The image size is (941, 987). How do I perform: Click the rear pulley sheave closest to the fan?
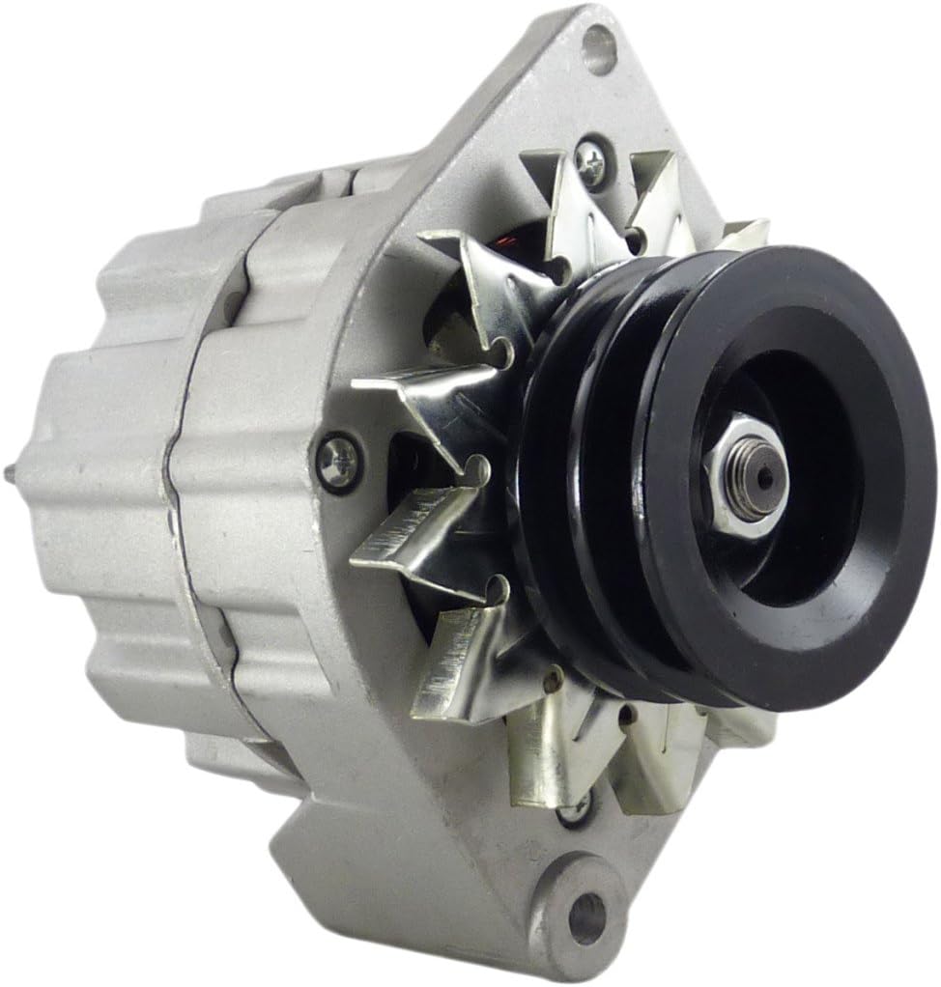551,502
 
